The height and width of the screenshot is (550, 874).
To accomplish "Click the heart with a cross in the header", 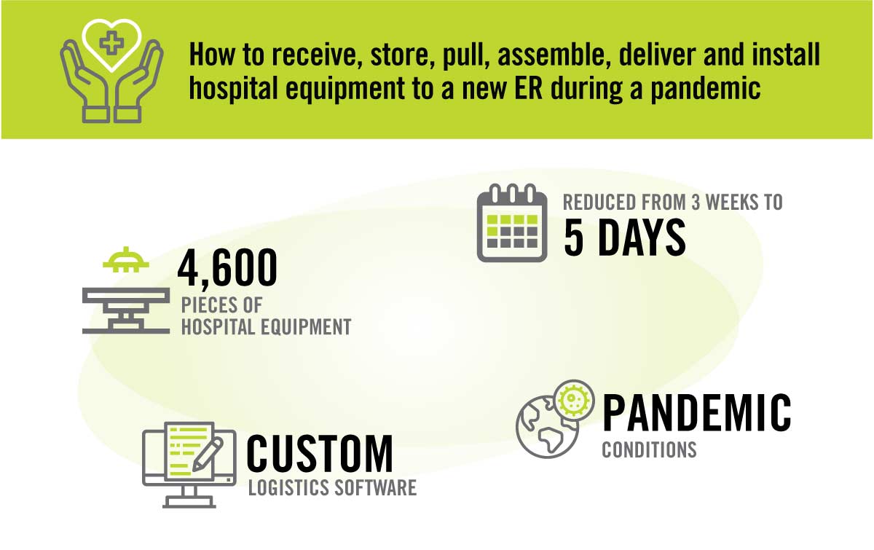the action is [111, 45].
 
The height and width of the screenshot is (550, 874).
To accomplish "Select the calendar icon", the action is [512, 222].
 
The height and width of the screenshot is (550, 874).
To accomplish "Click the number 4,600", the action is [227, 269].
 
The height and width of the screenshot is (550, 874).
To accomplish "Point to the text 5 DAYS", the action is [625, 237].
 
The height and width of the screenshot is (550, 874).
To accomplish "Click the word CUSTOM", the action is [319, 454].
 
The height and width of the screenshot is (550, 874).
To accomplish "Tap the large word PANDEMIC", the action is [696, 412].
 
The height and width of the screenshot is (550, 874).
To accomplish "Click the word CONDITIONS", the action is [649, 449].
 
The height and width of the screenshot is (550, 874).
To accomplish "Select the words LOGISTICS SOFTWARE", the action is [332, 487].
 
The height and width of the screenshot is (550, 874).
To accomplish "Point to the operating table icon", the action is [125, 311].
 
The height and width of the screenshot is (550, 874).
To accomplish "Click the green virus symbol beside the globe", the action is [574, 400].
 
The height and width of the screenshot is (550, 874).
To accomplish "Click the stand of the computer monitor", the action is [189, 497].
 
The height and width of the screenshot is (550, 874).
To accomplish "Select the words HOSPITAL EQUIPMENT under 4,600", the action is [266, 327].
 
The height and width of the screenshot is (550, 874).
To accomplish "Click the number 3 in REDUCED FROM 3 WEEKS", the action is [696, 203].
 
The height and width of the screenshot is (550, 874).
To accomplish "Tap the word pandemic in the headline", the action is [705, 89].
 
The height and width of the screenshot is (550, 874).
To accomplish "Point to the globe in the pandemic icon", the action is [546, 428].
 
